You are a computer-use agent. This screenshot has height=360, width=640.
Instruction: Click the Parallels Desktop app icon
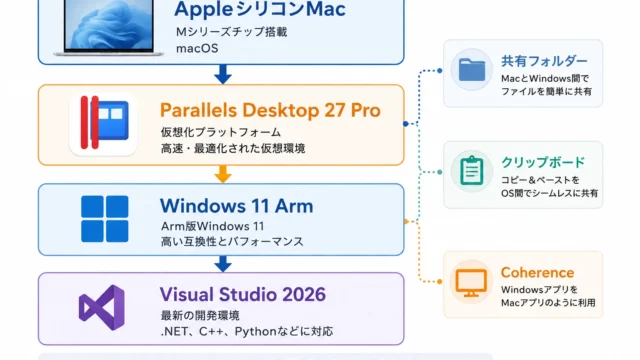[103, 123]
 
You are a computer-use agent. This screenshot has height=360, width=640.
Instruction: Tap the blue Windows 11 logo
[105, 219]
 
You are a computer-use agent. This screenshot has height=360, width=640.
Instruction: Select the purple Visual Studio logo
[102, 307]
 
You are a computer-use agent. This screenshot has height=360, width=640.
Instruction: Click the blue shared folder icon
[472, 70]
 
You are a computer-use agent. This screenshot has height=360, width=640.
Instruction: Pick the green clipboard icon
[472, 171]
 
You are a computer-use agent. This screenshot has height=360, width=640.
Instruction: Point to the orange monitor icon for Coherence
[471, 282]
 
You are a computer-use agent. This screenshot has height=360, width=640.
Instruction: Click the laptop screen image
[109, 24]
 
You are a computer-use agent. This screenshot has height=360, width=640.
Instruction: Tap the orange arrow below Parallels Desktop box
[223, 174]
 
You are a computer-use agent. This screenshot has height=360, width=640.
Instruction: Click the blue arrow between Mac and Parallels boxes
[223, 74]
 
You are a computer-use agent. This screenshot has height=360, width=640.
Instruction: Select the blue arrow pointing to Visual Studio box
[223, 264]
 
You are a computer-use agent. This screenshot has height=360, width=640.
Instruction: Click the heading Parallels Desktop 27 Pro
[270, 110]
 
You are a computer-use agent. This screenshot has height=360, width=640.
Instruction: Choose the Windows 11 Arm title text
[237, 206]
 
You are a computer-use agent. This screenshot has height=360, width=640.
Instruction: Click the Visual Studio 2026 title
[243, 294]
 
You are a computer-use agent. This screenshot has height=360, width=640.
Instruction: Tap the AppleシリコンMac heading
[260, 9]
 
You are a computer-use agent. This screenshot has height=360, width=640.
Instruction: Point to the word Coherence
[538, 273]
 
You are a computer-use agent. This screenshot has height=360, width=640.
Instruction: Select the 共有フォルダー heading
[544, 61]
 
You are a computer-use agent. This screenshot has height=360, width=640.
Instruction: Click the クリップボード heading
[543, 162]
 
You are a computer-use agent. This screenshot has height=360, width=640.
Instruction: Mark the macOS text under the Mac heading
[197, 48]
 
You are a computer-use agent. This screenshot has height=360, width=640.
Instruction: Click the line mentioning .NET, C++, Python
[247, 331]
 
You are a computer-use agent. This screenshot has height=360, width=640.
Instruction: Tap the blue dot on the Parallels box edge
[405, 124]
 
